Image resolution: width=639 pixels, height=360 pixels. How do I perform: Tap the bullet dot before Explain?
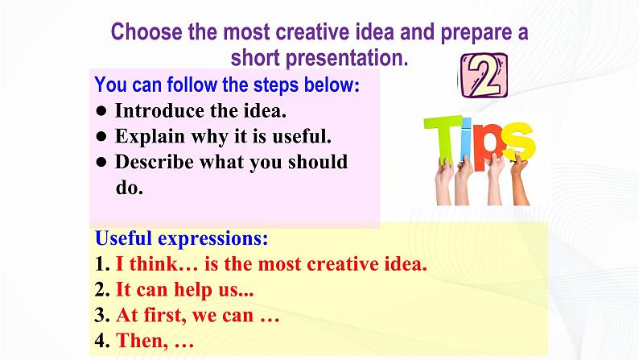[x=101, y=136]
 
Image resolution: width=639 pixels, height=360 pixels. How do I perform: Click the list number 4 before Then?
[x=100, y=341]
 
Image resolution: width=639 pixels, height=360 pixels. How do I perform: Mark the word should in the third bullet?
[x=317, y=161]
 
